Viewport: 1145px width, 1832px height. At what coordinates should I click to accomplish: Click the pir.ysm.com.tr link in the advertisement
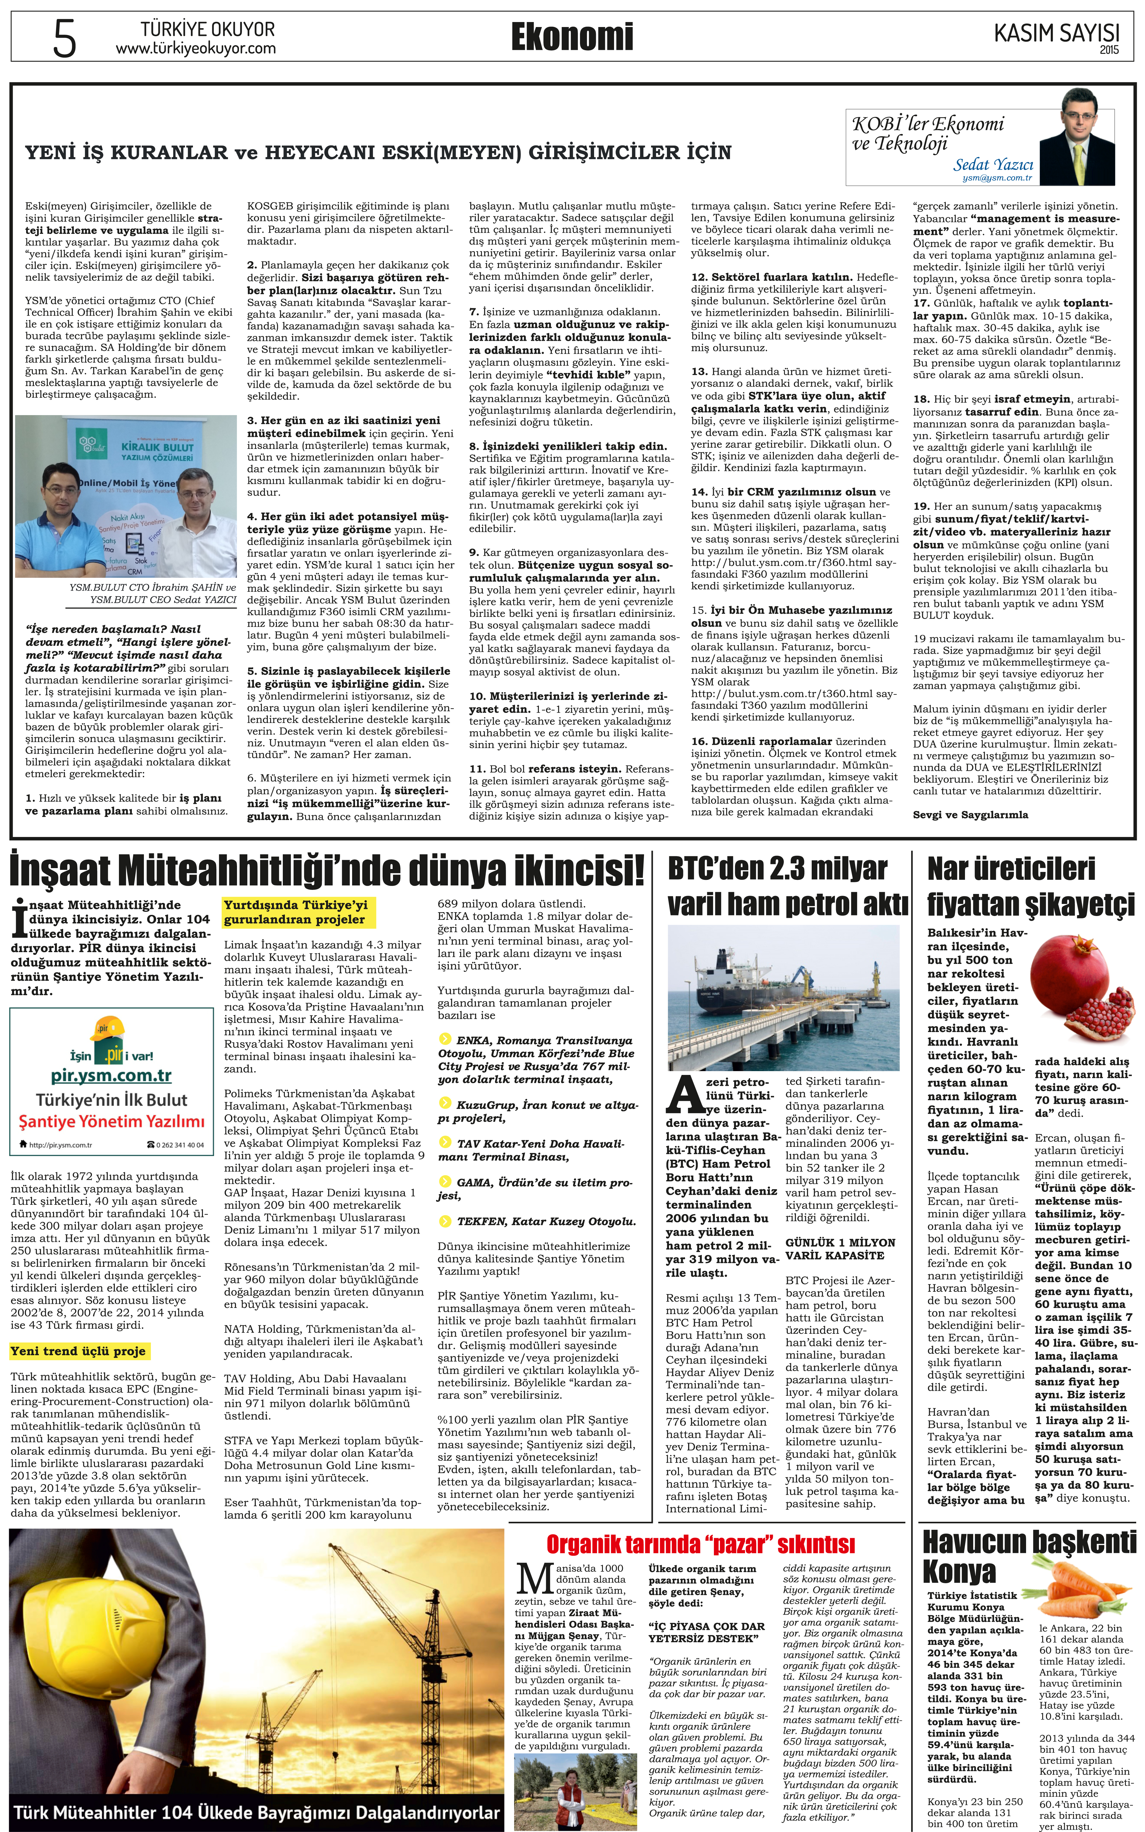[111, 1076]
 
